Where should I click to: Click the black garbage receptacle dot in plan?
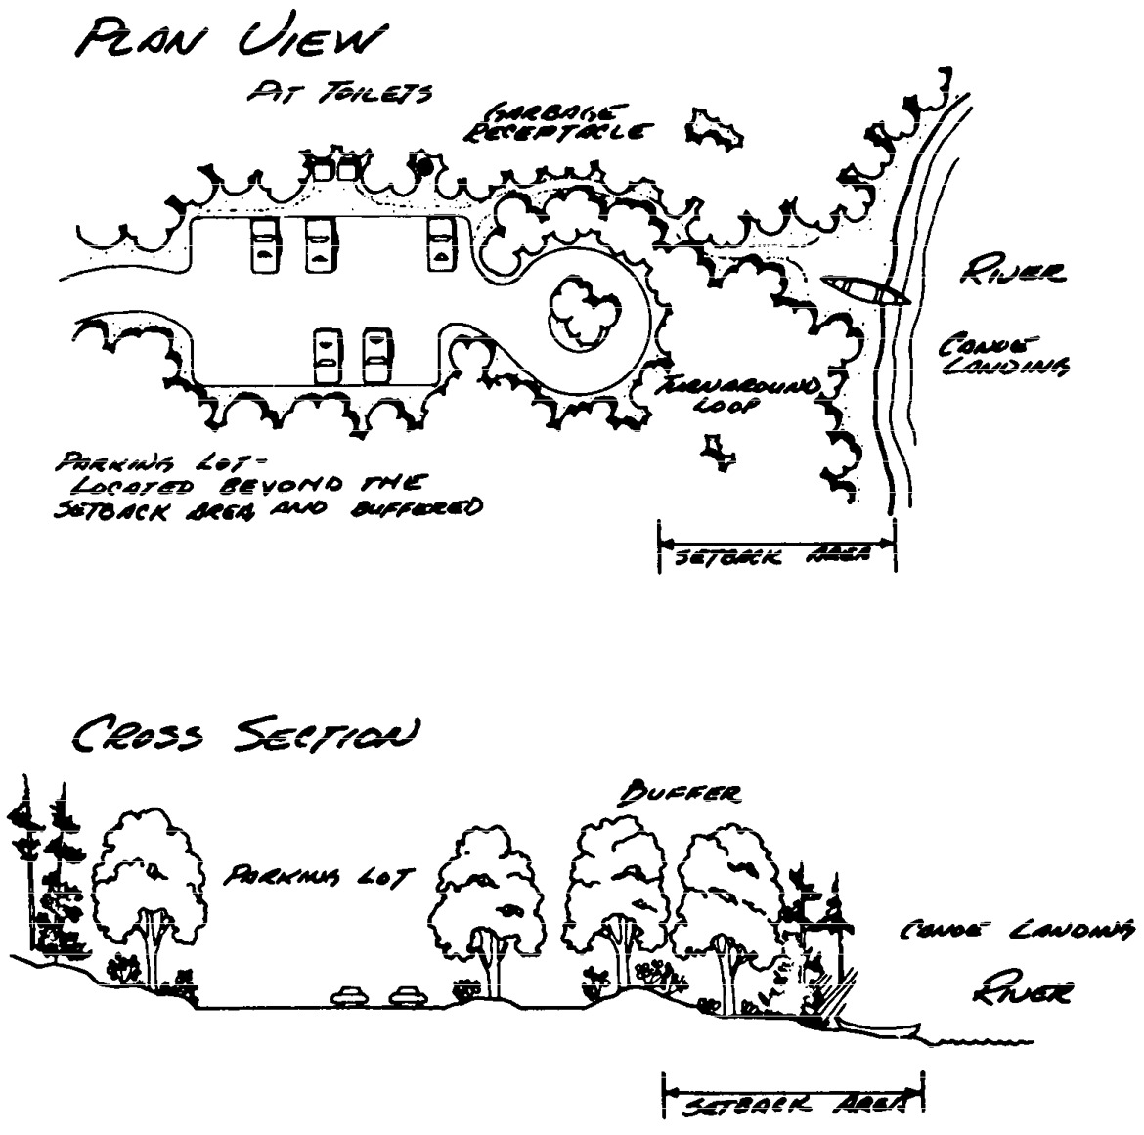(424, 166)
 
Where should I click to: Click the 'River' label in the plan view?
(1013, 275)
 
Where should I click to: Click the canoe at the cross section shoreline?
(880, 1027)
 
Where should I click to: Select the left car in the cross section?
(350, 996)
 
